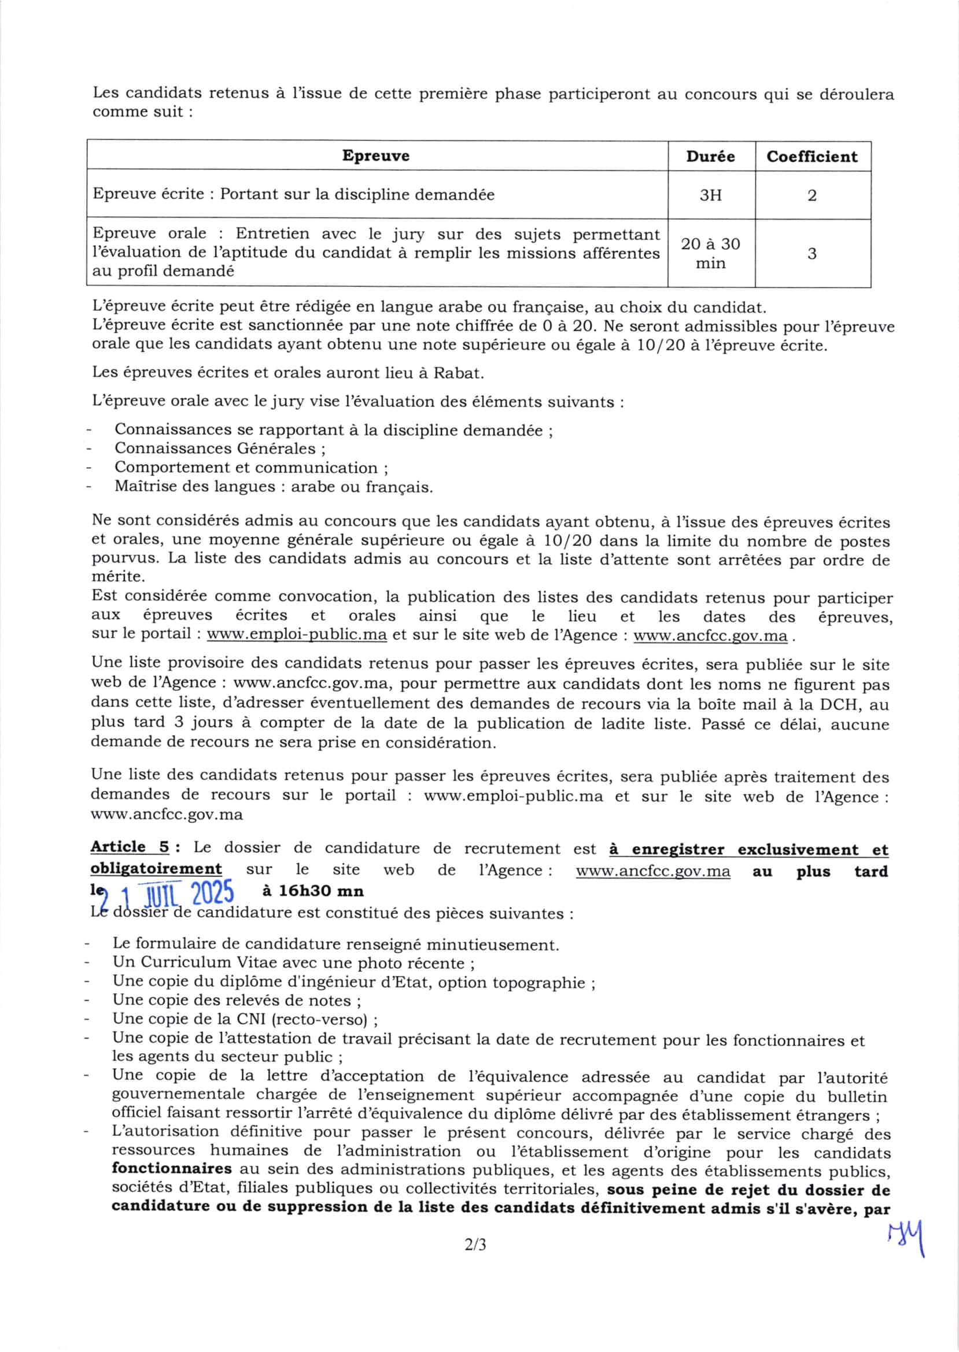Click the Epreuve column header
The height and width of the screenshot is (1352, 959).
375,156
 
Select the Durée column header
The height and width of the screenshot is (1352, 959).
710,157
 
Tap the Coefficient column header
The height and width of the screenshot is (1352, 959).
812,157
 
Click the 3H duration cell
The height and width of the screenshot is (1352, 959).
710,195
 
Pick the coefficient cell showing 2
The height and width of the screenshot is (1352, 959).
812,195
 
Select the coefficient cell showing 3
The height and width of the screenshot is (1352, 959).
812,254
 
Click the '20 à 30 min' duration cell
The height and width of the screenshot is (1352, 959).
710,253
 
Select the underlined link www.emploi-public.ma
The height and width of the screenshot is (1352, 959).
297,635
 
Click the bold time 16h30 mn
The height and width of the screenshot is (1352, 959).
312,891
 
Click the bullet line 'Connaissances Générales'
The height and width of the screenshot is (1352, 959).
220,449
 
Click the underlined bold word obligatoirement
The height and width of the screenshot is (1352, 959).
156,869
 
